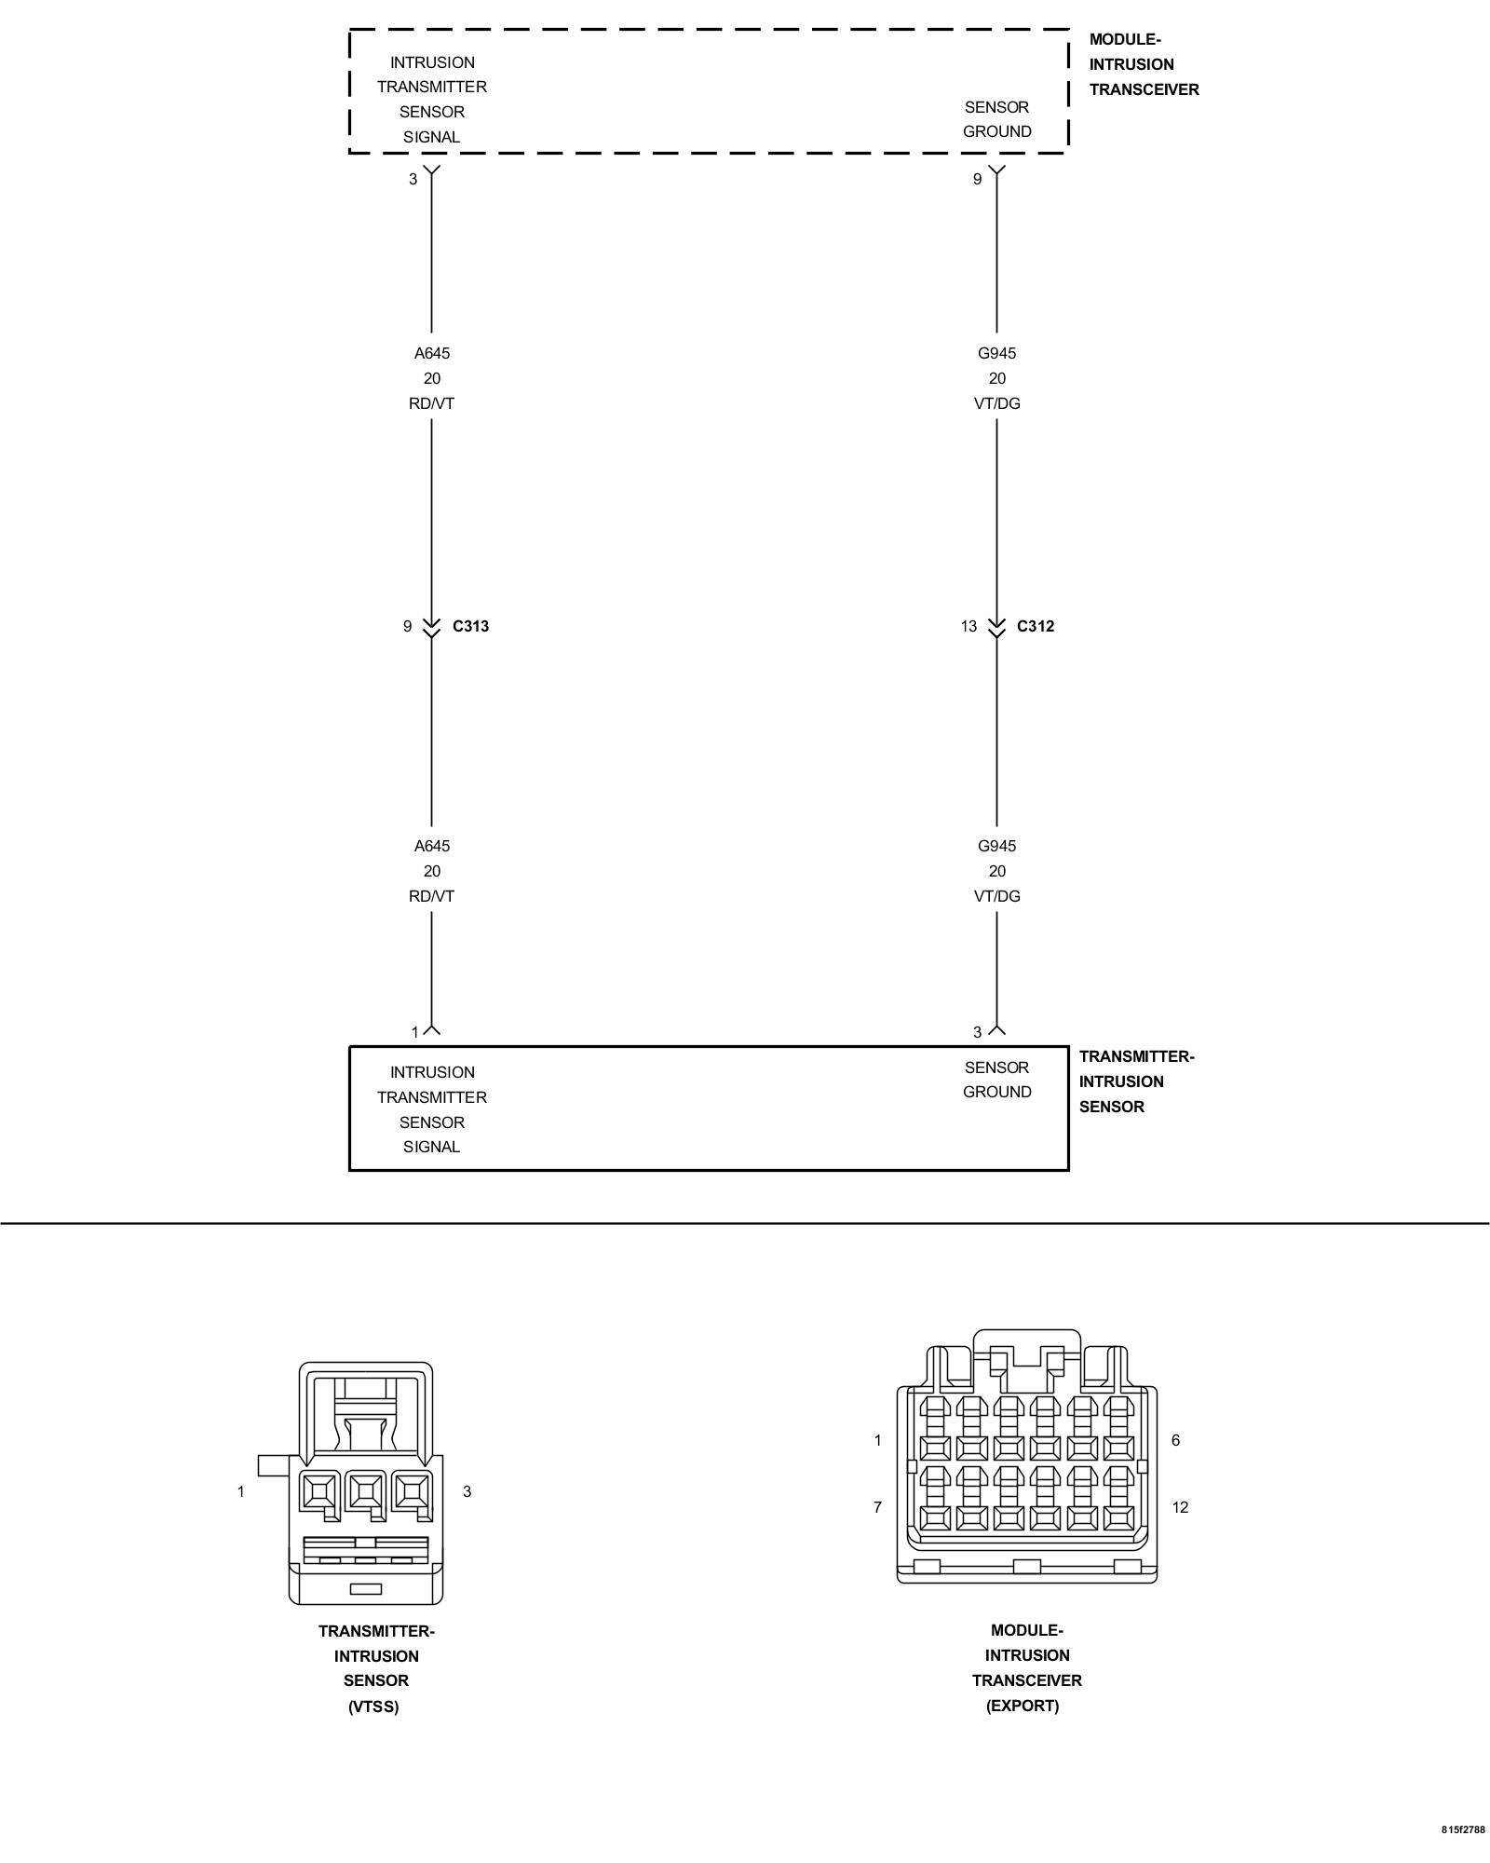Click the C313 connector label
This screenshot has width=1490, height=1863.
[x=470, y=626]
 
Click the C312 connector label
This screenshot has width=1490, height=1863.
[x=1035, y=626]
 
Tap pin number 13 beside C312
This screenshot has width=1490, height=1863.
[x=968, y=626]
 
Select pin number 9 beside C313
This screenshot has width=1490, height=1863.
[x=407, y=626]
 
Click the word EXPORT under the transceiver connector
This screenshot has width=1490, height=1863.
[x=1023, y=1706]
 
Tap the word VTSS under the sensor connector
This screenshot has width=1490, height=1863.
[x=373, y=1707]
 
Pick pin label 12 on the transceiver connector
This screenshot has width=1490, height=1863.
[x=1180, y=1507]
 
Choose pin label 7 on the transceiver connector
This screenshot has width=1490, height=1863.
[x=877, y=1507]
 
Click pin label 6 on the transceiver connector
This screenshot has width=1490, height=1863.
[x=1175, y=1440]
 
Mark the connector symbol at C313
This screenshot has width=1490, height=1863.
[x=431, y=627]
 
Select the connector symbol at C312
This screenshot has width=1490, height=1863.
[x=996, y=627]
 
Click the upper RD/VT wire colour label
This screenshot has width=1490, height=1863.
[x=431, y=403]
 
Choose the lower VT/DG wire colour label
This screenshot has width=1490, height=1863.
[x=996, y=896]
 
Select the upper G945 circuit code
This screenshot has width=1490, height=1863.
[x=996, y=353]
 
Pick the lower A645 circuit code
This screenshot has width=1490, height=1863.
[x=431, y=846]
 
